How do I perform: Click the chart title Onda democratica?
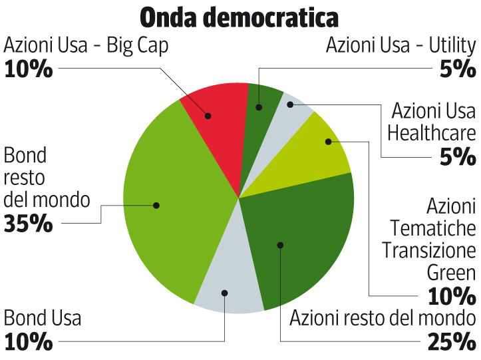pyautogui.click(x=239, y=17)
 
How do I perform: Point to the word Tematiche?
pyautogui.click(x=434, y=228)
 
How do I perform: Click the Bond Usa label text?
pyautogui.click(x=43, y=317)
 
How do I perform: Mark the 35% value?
pyautogui.click(x=28, y=224)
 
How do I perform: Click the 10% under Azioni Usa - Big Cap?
pyautogui.click(x=28, y=69)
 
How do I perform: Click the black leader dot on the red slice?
pyautogui.click(x=208, y=116)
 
